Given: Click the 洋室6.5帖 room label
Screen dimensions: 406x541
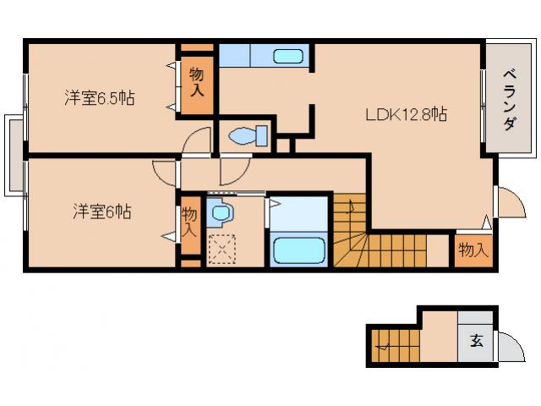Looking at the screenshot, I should pos(99,99).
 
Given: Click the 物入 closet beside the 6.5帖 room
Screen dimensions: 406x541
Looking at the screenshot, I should pos(196,81).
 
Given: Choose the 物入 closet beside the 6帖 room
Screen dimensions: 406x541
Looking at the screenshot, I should pos(190,222).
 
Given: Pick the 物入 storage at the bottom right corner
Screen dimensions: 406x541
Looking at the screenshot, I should pos(473,250).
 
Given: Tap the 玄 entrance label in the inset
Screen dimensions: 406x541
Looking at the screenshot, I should pos(476,343).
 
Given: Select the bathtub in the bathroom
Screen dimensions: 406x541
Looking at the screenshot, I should pos(298,250).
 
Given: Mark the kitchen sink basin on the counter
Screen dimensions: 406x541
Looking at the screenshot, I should pos(288,57).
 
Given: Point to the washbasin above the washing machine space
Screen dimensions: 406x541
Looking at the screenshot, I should pos(221,213).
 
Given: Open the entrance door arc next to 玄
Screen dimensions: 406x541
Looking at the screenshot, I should pos(509,348).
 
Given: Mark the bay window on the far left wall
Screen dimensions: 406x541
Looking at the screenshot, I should pos(14,155).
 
